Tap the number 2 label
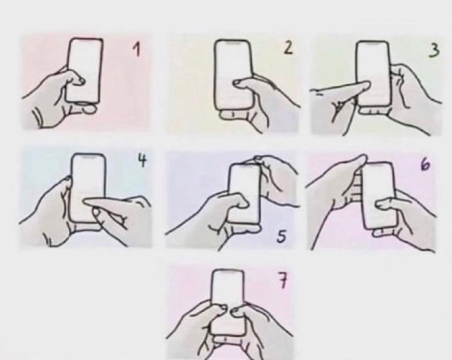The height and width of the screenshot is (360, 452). [287, 49]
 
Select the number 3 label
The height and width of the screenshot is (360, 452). [433, 51]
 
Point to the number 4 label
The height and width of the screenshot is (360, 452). [141, 162]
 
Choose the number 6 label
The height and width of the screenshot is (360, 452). [425, 163]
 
